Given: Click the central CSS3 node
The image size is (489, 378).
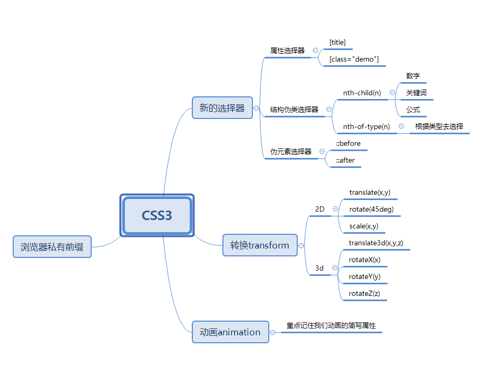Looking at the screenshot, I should tap(157, 215).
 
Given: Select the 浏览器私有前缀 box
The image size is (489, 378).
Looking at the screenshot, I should tap(52, 246).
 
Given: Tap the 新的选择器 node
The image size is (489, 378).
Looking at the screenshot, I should tap(222, 108).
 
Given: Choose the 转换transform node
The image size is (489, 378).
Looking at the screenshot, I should tap(260, 245).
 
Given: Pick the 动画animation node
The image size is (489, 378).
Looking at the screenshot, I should tap(230, 332).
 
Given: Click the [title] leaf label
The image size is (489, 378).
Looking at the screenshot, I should tap(337, 42).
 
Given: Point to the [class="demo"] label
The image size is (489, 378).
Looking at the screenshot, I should tap(354, 59).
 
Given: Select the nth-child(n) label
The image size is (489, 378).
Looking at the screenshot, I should tap(362, 93).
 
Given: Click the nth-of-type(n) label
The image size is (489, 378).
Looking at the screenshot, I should tap(366, 126).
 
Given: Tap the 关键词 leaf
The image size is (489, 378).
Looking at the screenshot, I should tap(416, 93).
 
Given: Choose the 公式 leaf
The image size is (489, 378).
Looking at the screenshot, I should tap(413, 110).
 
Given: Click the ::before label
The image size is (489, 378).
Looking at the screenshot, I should tap(348, 143).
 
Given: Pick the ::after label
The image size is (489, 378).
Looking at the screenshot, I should tap(345, 160).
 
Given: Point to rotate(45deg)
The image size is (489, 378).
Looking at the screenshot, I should tap(371, 209).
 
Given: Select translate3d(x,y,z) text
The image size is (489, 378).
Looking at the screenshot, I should tap(376, 243).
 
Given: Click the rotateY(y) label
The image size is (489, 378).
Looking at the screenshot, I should tap(365, 276).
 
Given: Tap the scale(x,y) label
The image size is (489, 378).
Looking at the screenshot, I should tap(364, 226).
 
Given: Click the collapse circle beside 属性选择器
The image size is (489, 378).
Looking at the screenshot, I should tap(315, 51).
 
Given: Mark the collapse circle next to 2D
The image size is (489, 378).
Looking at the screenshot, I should tap(335, 209).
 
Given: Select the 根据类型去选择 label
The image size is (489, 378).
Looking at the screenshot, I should tap(439, 126).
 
